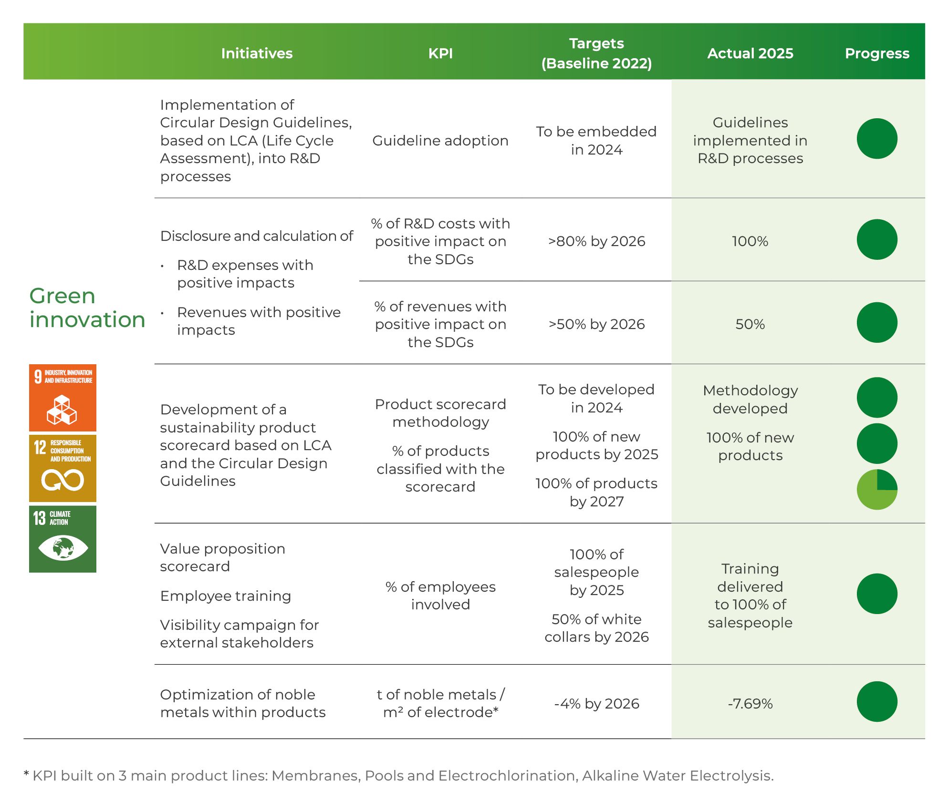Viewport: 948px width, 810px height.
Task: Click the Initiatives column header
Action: [257, 53]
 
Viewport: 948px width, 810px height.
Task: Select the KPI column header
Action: [440, 53]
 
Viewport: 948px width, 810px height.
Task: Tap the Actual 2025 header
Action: [750, 53]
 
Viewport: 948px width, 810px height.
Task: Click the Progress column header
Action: [877, 53]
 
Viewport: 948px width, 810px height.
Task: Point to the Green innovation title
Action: [87, 308]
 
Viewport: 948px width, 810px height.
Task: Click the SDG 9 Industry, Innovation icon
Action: [63, 398]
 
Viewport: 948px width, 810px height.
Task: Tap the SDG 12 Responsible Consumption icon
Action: [63, 468]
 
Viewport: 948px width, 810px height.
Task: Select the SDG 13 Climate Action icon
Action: [63, 539]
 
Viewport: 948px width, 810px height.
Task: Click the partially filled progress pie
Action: [877, 490]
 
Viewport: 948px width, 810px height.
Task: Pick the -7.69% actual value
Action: [750, 704]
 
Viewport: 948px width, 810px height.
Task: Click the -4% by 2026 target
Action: [596, 704]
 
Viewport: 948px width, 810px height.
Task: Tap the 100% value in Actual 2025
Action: [750, 241]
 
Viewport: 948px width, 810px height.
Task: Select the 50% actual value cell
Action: [750, 324]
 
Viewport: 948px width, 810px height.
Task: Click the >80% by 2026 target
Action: [596, 241]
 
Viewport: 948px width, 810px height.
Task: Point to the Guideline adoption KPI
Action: [440, 141]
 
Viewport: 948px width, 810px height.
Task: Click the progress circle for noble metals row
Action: [877, 702]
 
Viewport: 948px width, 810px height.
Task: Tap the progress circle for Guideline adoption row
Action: [877, 139]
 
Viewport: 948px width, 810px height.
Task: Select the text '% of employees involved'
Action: [440, 595]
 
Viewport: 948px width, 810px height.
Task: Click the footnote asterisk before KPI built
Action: [26, 774]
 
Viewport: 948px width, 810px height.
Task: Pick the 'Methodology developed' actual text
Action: [750, 400]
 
